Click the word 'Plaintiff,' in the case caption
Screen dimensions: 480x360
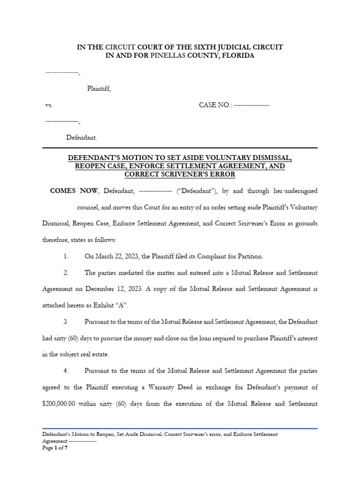(99, 89)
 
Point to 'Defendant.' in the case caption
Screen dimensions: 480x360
(82, 138)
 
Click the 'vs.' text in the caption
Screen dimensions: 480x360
(49, 105)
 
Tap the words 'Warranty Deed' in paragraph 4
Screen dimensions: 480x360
(201, 387)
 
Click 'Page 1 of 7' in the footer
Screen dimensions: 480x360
(55, 448)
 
